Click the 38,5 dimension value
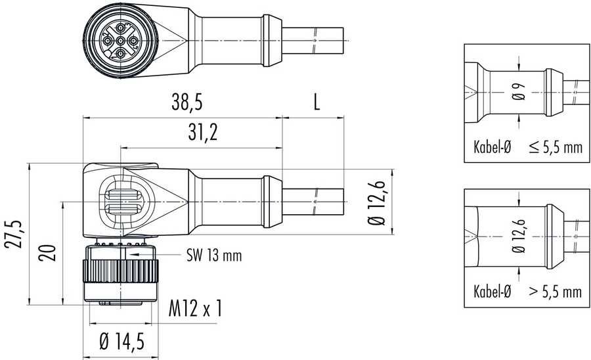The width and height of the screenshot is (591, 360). [186, 102]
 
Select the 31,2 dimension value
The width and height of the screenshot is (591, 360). [203, 132]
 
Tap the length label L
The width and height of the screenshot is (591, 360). [317, 102]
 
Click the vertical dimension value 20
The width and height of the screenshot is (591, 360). [47, 253]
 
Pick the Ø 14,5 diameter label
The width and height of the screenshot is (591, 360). [121, 342]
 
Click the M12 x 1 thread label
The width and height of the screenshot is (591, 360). [195, 308]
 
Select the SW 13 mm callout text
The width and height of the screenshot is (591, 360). [214, 256]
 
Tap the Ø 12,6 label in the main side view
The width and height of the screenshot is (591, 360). [378, 203]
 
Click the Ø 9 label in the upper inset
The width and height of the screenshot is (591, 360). [519, 91]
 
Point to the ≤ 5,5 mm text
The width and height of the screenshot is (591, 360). [556, 147]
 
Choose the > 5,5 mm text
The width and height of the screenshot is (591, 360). [556, 292]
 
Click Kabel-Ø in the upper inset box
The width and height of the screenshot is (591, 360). [492, 147]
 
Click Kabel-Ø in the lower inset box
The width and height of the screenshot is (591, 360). [492, 292]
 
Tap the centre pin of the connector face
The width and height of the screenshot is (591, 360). [120, 40]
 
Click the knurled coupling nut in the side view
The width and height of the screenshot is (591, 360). [121, 271]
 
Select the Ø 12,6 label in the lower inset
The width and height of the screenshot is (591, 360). [519, 236]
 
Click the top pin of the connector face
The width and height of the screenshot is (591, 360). [121, 28]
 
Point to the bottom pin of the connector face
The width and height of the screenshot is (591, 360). [121, 53]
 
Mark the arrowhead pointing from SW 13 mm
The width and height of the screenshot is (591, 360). [134, 255]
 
